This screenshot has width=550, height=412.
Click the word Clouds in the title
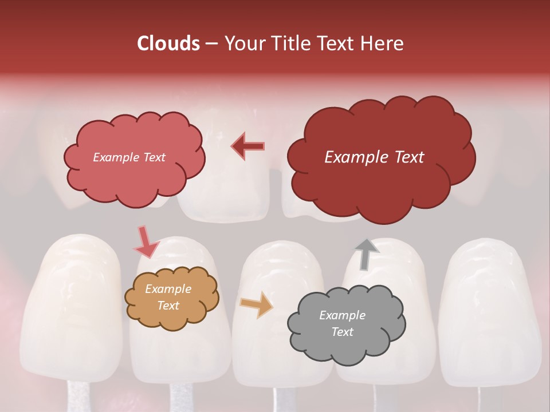pyautogui.click(x=168, y=43)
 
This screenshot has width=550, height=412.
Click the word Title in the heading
pyautogui.click(x=289, y=43)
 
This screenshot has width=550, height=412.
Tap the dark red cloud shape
pyautogui.click(x=380, y=183)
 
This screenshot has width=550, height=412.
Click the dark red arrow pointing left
pyautogui.click(x=248, y=146)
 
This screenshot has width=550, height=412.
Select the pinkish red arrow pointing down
pyautogui.click(x=146, y=243)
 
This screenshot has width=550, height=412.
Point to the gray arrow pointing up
pyautogui.click(x=364, y=254)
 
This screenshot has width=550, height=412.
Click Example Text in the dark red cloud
pyautogui.click(x=374, y=157)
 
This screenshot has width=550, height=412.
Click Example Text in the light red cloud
pyautogui.click(x=129, y=157)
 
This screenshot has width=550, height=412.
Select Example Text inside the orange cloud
pyautogui.click(x=168, y=298)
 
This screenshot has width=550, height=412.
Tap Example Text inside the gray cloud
pyautogui.click(x=342, y=323)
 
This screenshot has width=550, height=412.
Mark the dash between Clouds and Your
pyautogui.click(x=211, y=44)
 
